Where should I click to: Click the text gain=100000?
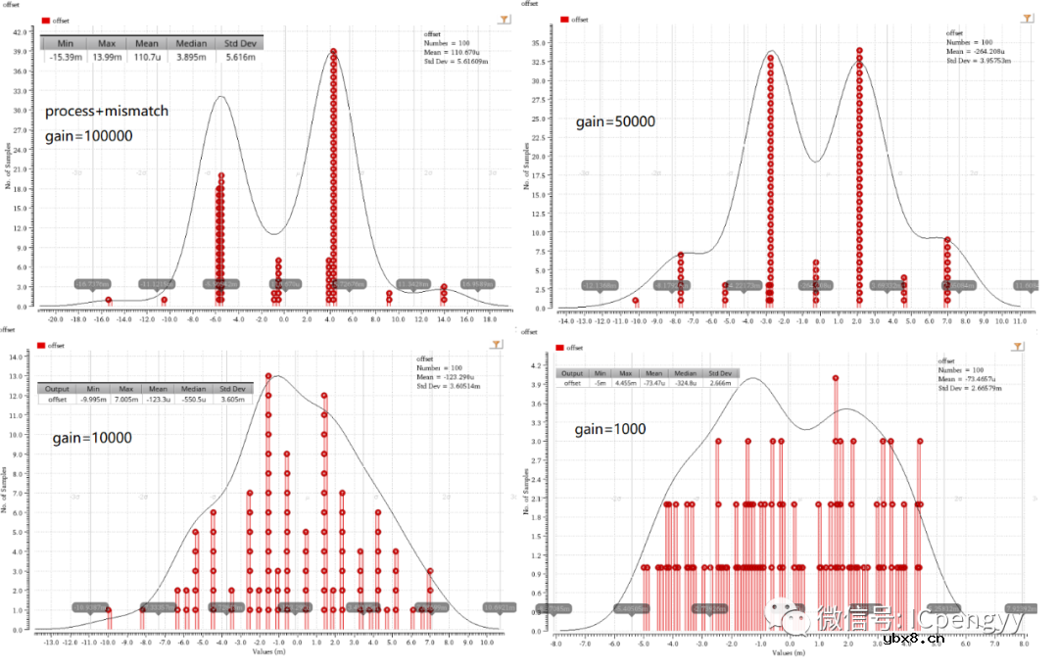pyautogui.click(x=88, y=137)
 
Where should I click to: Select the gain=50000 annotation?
pyautogui.click(x=615, y=122)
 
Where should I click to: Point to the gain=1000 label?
pyautogui.click(x=609, y=429)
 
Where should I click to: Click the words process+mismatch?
pyautogui.click(x=107, y=112)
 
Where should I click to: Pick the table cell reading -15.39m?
pyautogui.click(x=66, y=58)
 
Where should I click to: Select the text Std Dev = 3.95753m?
pyautogui.click(x=979, y=61)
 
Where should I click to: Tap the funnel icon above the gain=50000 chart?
pyautogui.click(x=1027, y=18)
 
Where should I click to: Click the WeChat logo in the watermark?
pyautogui.click(x=791, y=618)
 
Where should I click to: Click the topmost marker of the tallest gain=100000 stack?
pyautogui.click(x=334, y=51)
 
